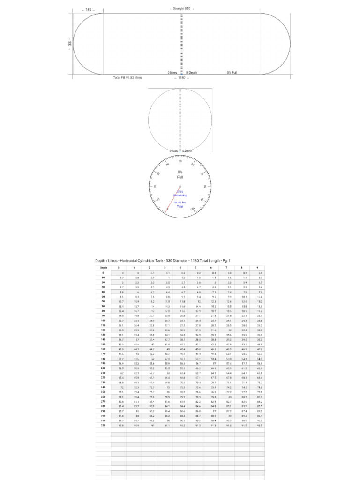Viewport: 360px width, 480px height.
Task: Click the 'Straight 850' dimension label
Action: click(x=181, y=9)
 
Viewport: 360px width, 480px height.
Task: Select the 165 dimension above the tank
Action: click(x=88, y=10)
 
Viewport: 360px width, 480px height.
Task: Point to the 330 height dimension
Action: click(x=69, y=44)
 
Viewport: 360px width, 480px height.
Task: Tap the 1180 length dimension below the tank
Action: click(x=181, y=78)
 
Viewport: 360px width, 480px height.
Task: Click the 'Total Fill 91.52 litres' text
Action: click(x=127, y=78)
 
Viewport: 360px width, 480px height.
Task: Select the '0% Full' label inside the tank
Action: click(x=232, y=73)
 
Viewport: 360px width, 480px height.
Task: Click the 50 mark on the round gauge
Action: click(x=180, y=161)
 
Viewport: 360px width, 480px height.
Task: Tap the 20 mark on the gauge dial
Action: click(x=155, y=187)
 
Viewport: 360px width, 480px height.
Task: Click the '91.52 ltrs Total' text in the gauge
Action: click(x=180, y=204)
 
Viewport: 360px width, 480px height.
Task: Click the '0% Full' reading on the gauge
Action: click(x=180, y=174)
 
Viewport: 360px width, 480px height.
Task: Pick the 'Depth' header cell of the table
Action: click(x=104, y=268)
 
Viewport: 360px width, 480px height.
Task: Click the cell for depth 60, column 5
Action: click(x=196, y=301)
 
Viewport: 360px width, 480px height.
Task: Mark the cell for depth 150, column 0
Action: click(x=119, y=344)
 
